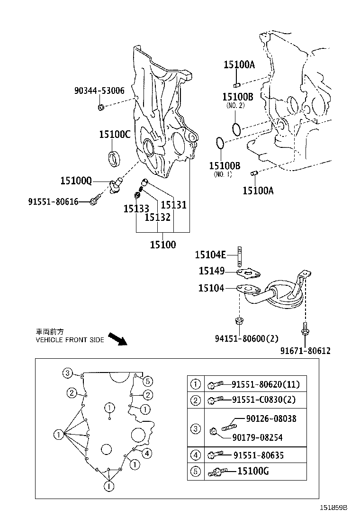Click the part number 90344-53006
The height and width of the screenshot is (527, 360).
point(99,91)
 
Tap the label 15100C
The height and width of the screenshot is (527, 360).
point(114,134)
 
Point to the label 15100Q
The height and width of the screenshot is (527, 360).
point(76,181)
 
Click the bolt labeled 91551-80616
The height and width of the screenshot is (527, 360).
point(96,200)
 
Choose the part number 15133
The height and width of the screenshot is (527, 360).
point(136,209)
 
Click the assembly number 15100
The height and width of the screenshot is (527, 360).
point(162,245)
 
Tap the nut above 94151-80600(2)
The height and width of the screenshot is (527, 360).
point(239,322)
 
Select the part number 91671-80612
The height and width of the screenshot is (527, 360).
point(305,351)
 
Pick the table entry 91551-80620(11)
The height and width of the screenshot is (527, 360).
point(265,384)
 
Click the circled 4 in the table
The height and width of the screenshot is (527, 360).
point(195,456)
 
